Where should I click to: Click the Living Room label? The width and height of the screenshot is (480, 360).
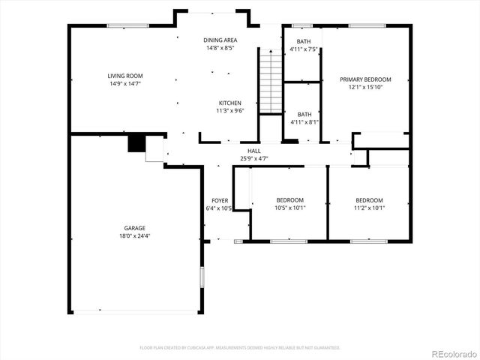[124, 76]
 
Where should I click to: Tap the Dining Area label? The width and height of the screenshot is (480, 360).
[220, 40]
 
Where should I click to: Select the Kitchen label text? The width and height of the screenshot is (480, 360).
[229, 103]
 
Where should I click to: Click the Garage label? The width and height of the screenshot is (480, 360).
[135, 228]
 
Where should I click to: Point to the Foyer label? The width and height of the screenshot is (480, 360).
[220, 200]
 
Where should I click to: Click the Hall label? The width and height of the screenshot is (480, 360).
[253, 151]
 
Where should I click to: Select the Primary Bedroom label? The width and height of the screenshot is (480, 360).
[365, 79]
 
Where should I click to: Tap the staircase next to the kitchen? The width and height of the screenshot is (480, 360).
[270, 79]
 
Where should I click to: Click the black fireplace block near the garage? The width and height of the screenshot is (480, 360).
[136, 143]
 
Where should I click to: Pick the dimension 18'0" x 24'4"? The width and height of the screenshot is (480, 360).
[135, 236]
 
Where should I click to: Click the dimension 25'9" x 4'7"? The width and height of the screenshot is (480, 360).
[253, 158]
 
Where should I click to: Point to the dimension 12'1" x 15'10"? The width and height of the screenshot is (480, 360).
[365, 87]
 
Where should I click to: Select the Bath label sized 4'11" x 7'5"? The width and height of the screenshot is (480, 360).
[303, 42]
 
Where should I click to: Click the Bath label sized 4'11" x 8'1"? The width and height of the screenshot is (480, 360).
[303, 114]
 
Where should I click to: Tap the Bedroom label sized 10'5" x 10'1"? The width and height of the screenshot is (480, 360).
[289, 199]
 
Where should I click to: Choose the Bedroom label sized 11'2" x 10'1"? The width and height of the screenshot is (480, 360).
[369, 199]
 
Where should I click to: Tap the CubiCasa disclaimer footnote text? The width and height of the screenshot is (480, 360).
[240, 348]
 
